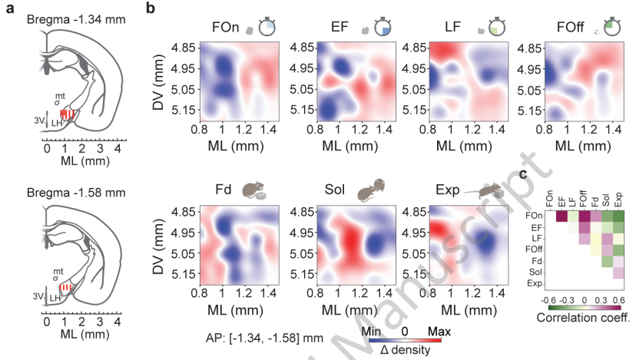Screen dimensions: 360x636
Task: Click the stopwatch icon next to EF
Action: [382, 26]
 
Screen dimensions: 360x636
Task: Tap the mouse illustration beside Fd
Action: [254, 190]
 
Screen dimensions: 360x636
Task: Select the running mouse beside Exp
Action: [490, 190]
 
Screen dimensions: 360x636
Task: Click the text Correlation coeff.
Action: [582, 316]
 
